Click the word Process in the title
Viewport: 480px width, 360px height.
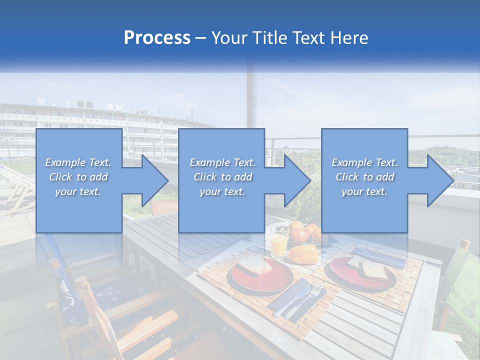(x=157, y=37)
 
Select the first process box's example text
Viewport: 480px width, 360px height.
(x=78, y=177)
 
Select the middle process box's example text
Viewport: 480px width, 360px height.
(x=222, y=177)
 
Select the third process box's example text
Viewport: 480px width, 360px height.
(x=364, y=177)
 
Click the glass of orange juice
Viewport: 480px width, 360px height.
(x=279, y=245)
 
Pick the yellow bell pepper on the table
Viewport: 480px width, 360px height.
(x=303, y=254)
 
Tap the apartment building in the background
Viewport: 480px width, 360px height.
(x=100, y=125)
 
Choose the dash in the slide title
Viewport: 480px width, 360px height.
(x=201, y=38)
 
